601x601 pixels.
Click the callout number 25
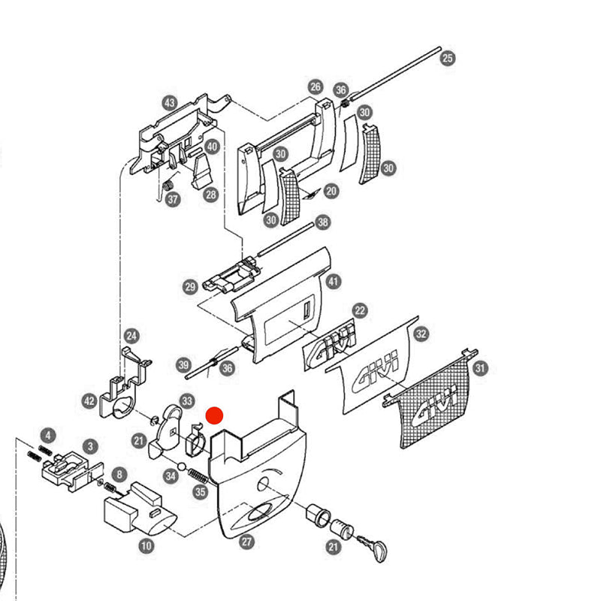coord(448,57)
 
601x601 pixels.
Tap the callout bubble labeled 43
coord(169,103)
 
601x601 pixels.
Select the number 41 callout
coord(334,281)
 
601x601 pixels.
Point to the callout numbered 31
coord(481,367)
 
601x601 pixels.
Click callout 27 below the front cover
coord(246,541)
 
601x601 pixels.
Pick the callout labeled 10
coord(146,546)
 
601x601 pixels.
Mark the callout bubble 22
coord(360,310)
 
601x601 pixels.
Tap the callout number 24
coord(131,335)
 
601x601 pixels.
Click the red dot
coord(215,415)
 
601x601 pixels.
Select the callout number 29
coord(190,286)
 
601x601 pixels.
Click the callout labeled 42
coord(89,401)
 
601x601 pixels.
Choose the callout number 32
coord(421,333)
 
